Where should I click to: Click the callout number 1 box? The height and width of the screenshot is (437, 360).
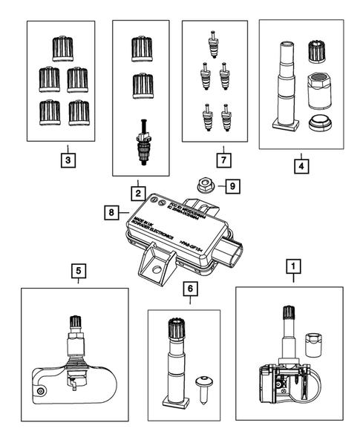(x=295, y=264)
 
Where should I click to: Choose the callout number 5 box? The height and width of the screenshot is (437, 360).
(x=79, y=272)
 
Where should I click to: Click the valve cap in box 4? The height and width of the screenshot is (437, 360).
(x=318, y=53)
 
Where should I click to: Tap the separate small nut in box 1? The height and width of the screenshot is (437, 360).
(x=315, y=344)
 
